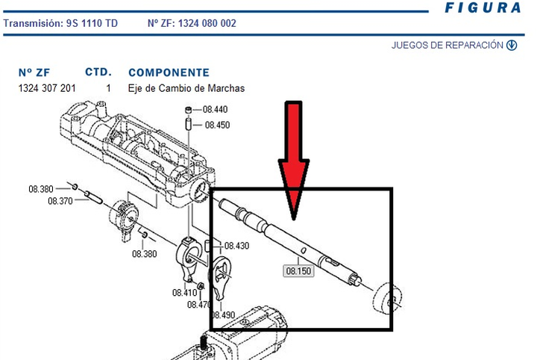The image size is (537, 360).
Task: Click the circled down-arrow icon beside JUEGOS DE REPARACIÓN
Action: (x=512, y=46)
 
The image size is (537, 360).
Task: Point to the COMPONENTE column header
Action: (x=169, y=73)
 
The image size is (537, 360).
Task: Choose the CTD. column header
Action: (x=98, y=72)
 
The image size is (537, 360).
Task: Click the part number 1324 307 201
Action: (x=46, y=88)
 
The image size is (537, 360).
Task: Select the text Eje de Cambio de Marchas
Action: (x=186, y=88)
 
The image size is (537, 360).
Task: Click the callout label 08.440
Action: (x=216, y=110)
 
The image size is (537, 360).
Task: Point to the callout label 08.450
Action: (x=216, y=125)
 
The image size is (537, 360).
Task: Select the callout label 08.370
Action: (x=61, y=201)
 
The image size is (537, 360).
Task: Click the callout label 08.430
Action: (x=236, y=246)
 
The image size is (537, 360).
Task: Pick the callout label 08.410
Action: (x=184, y=293)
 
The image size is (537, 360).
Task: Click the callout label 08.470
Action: (x=200, y=304)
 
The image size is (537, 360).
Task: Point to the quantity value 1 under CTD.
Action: (x=108, y=88)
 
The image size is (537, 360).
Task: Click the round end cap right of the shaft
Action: (x=389, y=300)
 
